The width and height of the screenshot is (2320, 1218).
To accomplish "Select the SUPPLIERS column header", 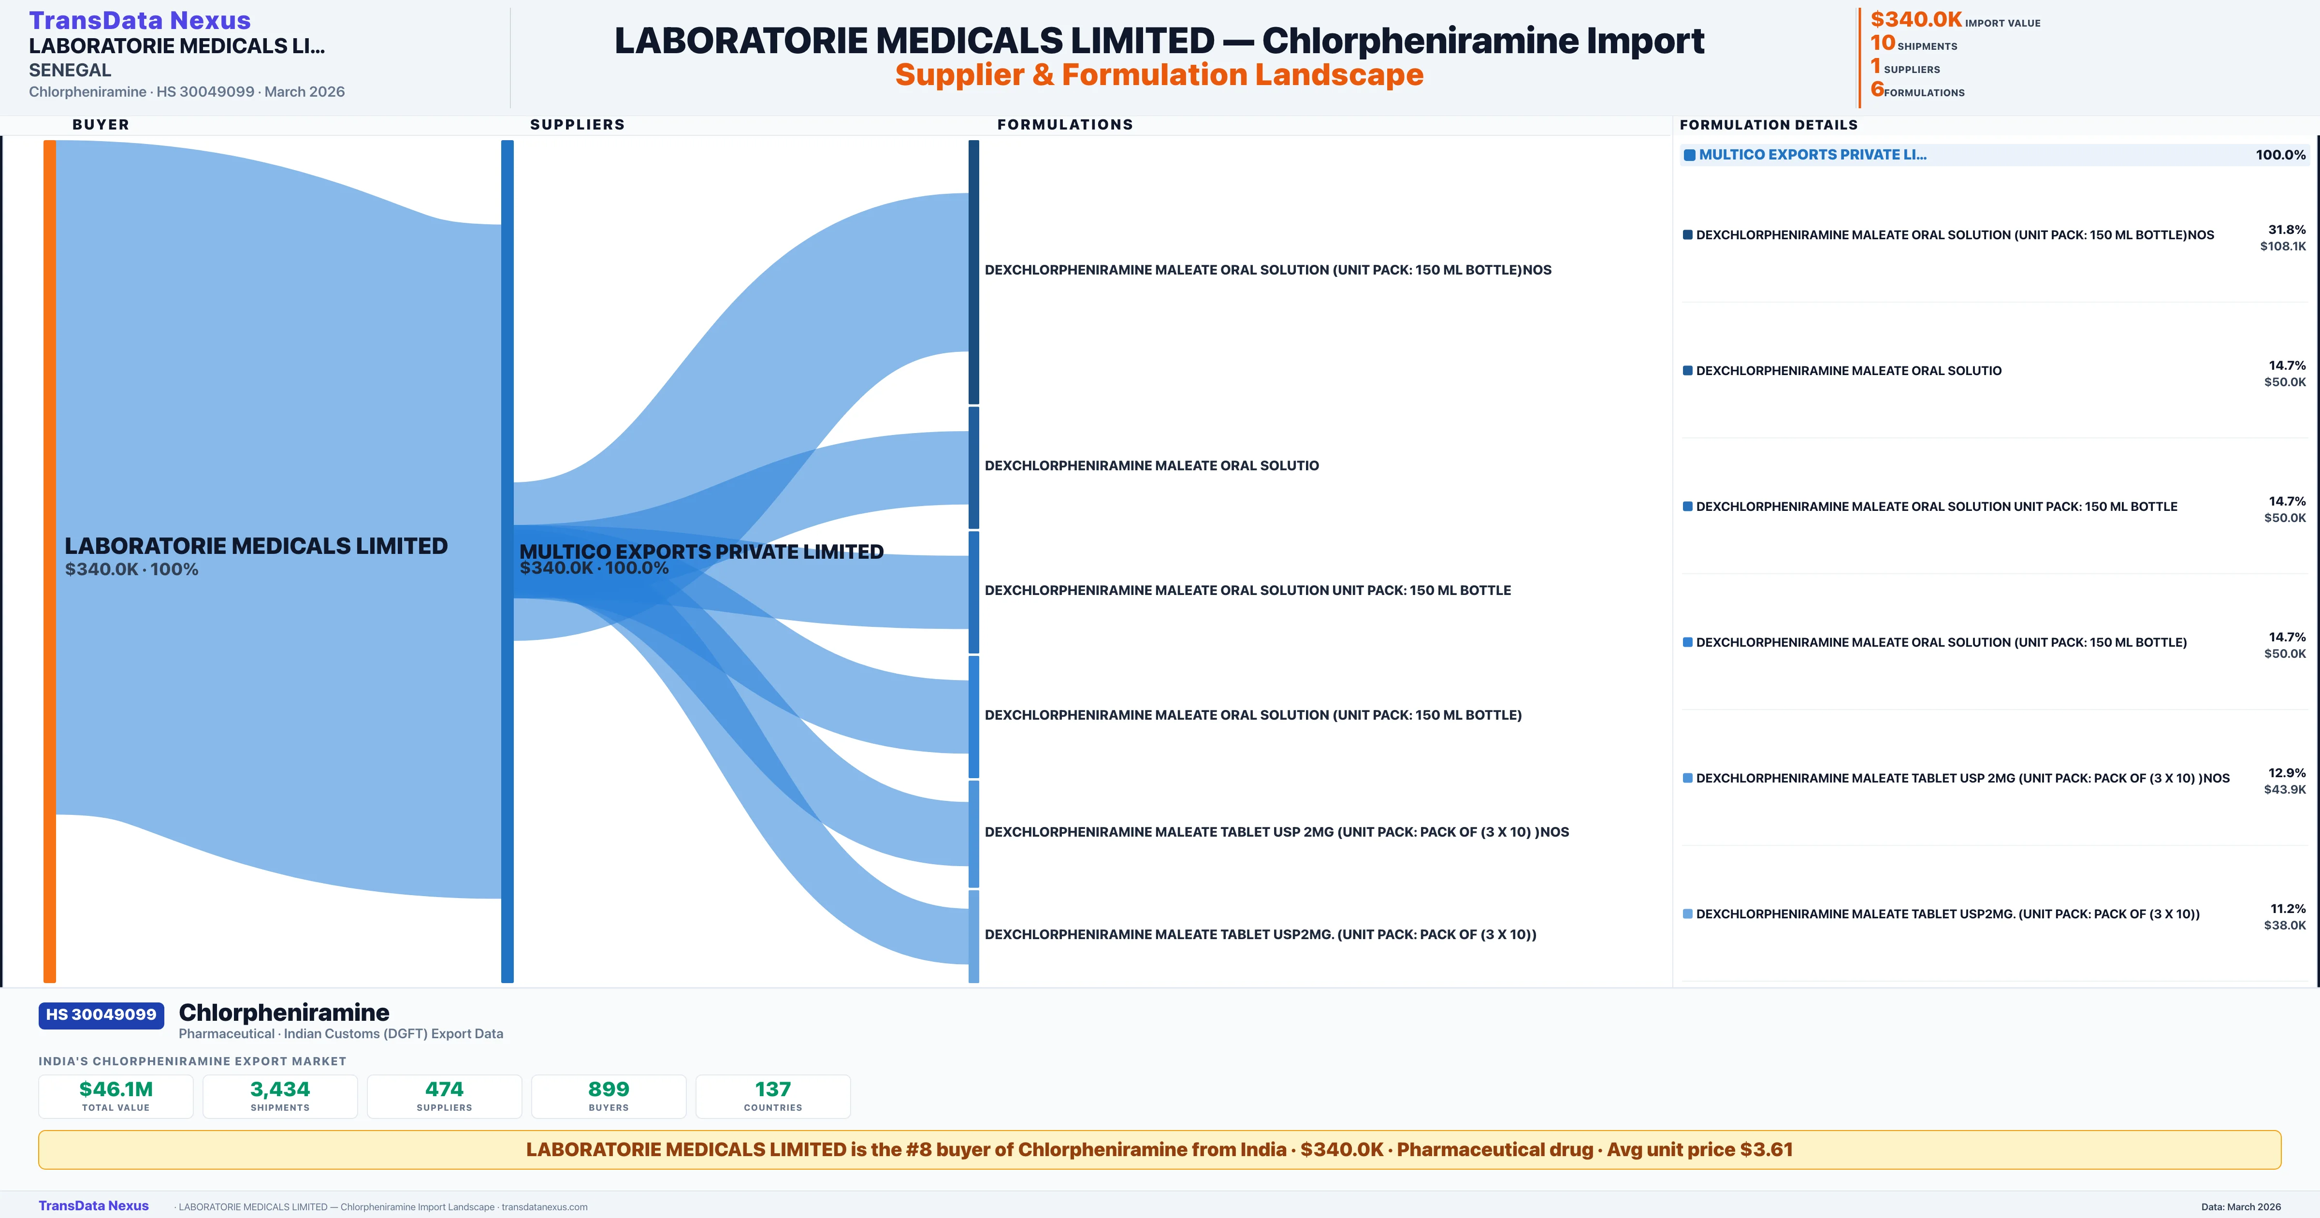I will click(x=577, y=124).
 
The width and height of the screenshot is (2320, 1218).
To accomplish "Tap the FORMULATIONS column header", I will click(x=1064, y=124).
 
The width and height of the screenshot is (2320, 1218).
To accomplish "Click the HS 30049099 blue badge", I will click(x=101, y=1015).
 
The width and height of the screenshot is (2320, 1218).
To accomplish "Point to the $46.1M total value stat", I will click(x=116, y=1089).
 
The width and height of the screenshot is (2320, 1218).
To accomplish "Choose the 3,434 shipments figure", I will click(x=280, y=1089).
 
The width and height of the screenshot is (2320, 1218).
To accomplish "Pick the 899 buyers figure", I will click(x=609, y=1089).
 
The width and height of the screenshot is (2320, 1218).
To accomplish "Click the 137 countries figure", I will click(x=773, y=1089).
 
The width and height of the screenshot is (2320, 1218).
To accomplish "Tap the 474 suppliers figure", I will click(x=444, y=1089).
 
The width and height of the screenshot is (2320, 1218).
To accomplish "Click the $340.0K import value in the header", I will click(x=1915, y=19).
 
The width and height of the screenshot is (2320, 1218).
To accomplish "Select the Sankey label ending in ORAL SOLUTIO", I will click(x=1151, y=466).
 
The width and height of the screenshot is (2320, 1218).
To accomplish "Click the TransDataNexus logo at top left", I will click(x=140, y=20).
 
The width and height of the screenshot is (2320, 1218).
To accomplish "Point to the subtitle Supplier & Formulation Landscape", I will click(x=1159, y=75).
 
